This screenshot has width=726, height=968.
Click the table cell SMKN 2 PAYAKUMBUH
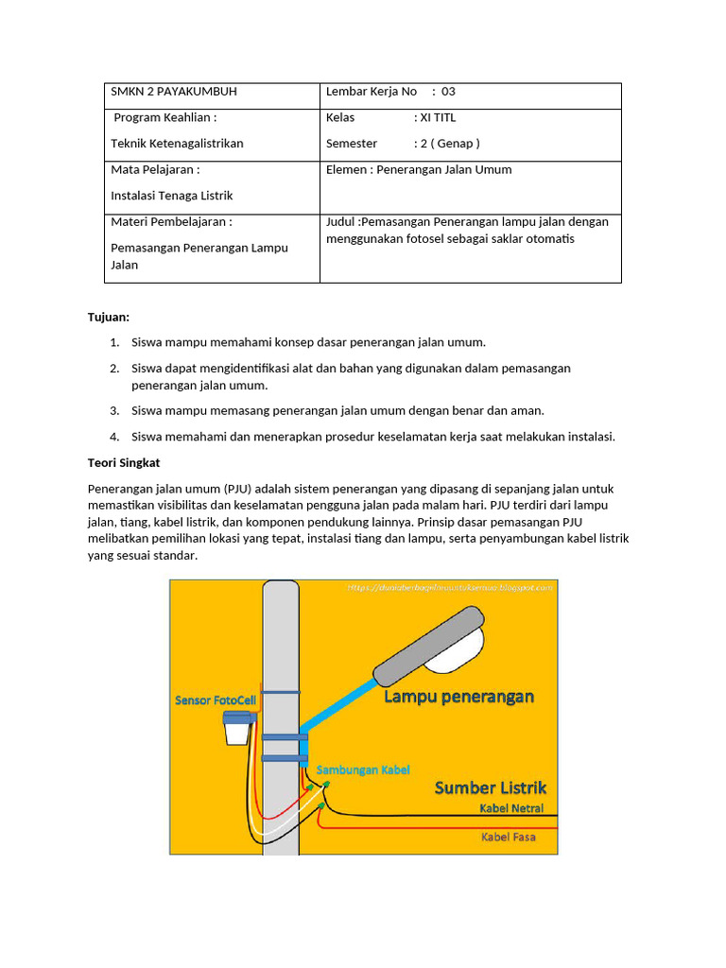174,92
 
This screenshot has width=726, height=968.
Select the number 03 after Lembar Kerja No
448,92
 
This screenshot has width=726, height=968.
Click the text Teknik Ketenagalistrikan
177,144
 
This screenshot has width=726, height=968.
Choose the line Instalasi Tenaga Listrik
171,196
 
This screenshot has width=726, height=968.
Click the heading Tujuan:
109,317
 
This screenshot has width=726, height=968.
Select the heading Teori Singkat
124,463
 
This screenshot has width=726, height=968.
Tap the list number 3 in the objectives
114,410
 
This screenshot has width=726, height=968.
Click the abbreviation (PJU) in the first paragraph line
238,489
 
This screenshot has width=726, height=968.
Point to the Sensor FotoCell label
215,700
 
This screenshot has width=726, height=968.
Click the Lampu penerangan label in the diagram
458,698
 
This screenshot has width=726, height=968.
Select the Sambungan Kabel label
363,769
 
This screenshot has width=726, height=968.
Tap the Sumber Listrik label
490,787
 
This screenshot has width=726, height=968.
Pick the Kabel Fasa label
509,837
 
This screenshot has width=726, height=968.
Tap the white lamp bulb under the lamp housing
457,659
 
